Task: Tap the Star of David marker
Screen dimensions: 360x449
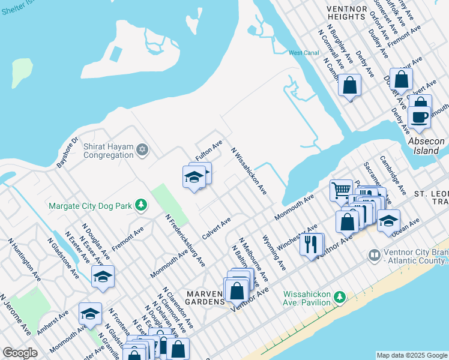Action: pyautogui.click(x=142, y=149)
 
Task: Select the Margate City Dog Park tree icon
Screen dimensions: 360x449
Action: pyautogui.click(x=141, y=206)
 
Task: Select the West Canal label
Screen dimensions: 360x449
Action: pyautogui.click(x=303, y=53)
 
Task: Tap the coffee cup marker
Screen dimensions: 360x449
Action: pyautogui.click(x=419, y=116)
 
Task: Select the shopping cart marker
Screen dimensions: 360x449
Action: pyautogui.click(x=340, y=190)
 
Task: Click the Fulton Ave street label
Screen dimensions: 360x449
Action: pyautogui.click(x=209, y=150)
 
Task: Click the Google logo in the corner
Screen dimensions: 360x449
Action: pyautogui.click(x=20, y=353)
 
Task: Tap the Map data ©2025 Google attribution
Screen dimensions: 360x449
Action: pyautogui.click(x=412, y=355)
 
